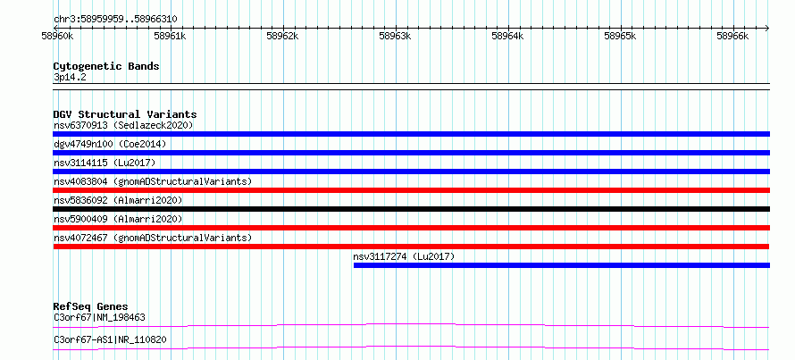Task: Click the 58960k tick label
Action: pos(58,37)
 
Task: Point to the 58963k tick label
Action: pos(396,37)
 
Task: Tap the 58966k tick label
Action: pos(732,37)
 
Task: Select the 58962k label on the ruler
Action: pos(283,37)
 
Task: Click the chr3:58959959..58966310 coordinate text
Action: pos(115,20)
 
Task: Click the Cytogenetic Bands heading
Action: pos(106,66)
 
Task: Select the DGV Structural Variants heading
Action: pos(125,114)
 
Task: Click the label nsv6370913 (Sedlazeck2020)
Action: pos(123,125)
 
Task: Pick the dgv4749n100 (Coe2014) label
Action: pos(110,144)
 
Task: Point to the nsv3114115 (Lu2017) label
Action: pos(105,163)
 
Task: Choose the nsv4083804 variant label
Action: pos(153,181)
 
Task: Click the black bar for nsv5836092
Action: pos(411,209)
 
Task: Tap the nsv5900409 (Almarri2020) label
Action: pos(118,219)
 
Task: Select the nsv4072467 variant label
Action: pos(153,238)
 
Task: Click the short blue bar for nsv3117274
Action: pos(562,265)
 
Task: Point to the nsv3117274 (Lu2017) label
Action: pos(404,256)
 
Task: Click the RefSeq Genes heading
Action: pos(91,306)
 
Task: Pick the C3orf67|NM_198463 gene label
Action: pos(99,318)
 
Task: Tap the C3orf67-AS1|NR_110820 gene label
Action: pos(110,339)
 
